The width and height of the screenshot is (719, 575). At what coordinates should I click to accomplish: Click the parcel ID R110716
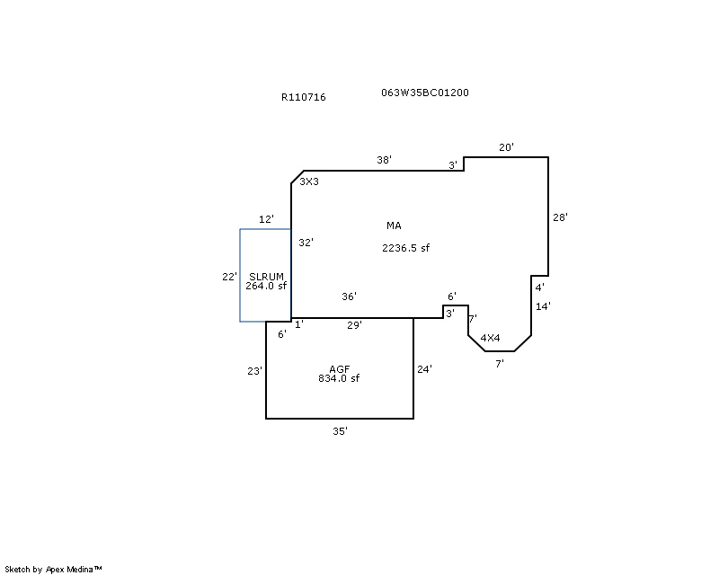pyautogui.click(x=304, y=97)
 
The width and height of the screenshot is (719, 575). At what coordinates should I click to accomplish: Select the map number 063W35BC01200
pyautogui.click(x=425, y=93)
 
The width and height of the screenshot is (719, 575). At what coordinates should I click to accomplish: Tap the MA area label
pyautogui.click(x=394, y=226)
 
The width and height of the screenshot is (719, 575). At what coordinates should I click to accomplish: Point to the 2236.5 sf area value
pyautogui.click(x=406, y=248)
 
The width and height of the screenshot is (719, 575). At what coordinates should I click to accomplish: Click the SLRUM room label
pyautogui.click(x=266, y=277)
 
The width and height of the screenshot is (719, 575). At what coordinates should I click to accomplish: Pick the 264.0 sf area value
pyautogui.click(x=266, y=286)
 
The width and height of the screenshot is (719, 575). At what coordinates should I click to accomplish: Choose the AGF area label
pyautogui.click(x=340, y=369)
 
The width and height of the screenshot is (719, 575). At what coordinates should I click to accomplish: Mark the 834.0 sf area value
pyautogui.click(x=339, y=378)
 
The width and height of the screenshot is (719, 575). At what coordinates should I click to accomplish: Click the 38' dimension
pyautogui.click(x=385, y=160)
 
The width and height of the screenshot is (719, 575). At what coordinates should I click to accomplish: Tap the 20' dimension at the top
pyautogui.click(x=507, y=147)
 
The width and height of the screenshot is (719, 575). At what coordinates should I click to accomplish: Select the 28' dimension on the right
pyautogui.click(x=560, y=217)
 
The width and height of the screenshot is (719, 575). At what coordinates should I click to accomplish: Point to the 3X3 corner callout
pyautogui.click(x=309, y=181)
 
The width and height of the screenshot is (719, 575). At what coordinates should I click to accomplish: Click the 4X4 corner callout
pyautogui.click(x=490, y=338)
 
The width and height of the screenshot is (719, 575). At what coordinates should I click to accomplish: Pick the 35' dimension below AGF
pyautogui.click(x=341, y=431)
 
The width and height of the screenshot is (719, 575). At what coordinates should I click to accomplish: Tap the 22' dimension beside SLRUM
pyautogui.click(x=230, y=277)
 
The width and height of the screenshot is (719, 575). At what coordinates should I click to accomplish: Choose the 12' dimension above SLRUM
pyautogui.click(x=266, y=219)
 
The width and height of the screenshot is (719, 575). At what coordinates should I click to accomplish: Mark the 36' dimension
pyautogui.click(x=349, y=296)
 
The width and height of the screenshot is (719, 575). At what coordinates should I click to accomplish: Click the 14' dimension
pyautogui.click(x=543, y=306)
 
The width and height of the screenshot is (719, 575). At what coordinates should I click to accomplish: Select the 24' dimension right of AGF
pyautogui.click(x=424, y=369)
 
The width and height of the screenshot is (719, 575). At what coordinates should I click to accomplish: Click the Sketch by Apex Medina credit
pyautogui.click(x=53, y=570)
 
